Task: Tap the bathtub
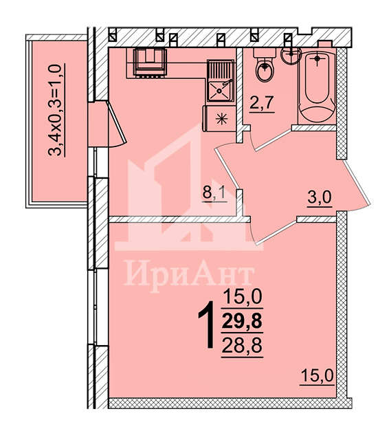[x=317, y=87]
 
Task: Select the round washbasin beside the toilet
[x=291, y=56]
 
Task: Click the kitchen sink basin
[x=220, y=90]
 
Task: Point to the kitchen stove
[x=150, y=63]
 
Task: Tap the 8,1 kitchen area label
[x=215, y=194]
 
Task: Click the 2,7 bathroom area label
[x=261, y=103]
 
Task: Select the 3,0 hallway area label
[x=320, y=198]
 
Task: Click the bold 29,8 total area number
[x=242, y=321]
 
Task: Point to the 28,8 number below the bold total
[x=242, y=345]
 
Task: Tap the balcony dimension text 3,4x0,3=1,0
[x=56, y=110]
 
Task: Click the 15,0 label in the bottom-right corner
[x=317, y=375]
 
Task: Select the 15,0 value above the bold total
[x=243, y=296]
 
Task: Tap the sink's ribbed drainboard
[x=221, y=69]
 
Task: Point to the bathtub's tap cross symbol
[x=317, y=58]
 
